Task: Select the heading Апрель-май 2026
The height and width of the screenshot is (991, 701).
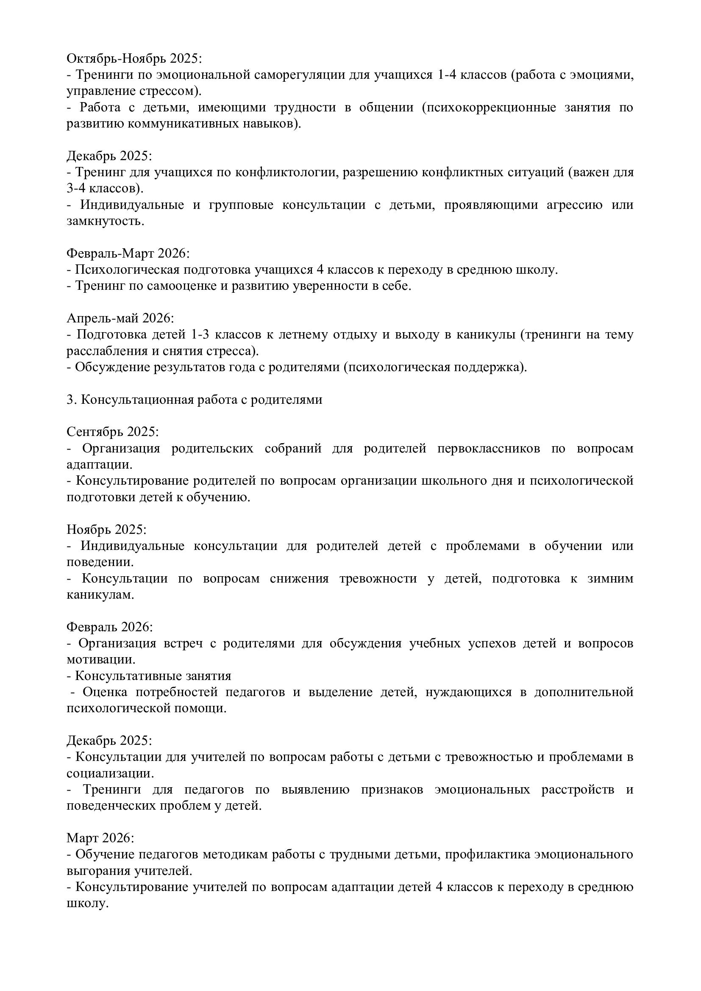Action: point(120,318)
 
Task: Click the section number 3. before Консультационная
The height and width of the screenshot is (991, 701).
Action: point(72,399)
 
